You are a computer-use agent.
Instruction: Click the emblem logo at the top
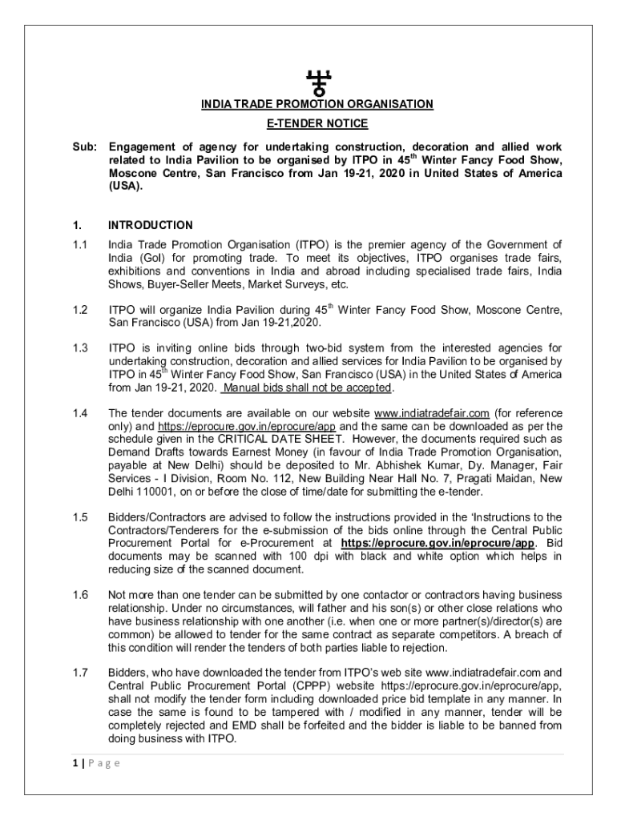pos(318,81)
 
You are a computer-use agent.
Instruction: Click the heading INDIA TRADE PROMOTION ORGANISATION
pos(317,104)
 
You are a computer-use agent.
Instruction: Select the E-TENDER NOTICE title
pos(317,123)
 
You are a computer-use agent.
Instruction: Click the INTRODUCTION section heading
pos(151,225)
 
